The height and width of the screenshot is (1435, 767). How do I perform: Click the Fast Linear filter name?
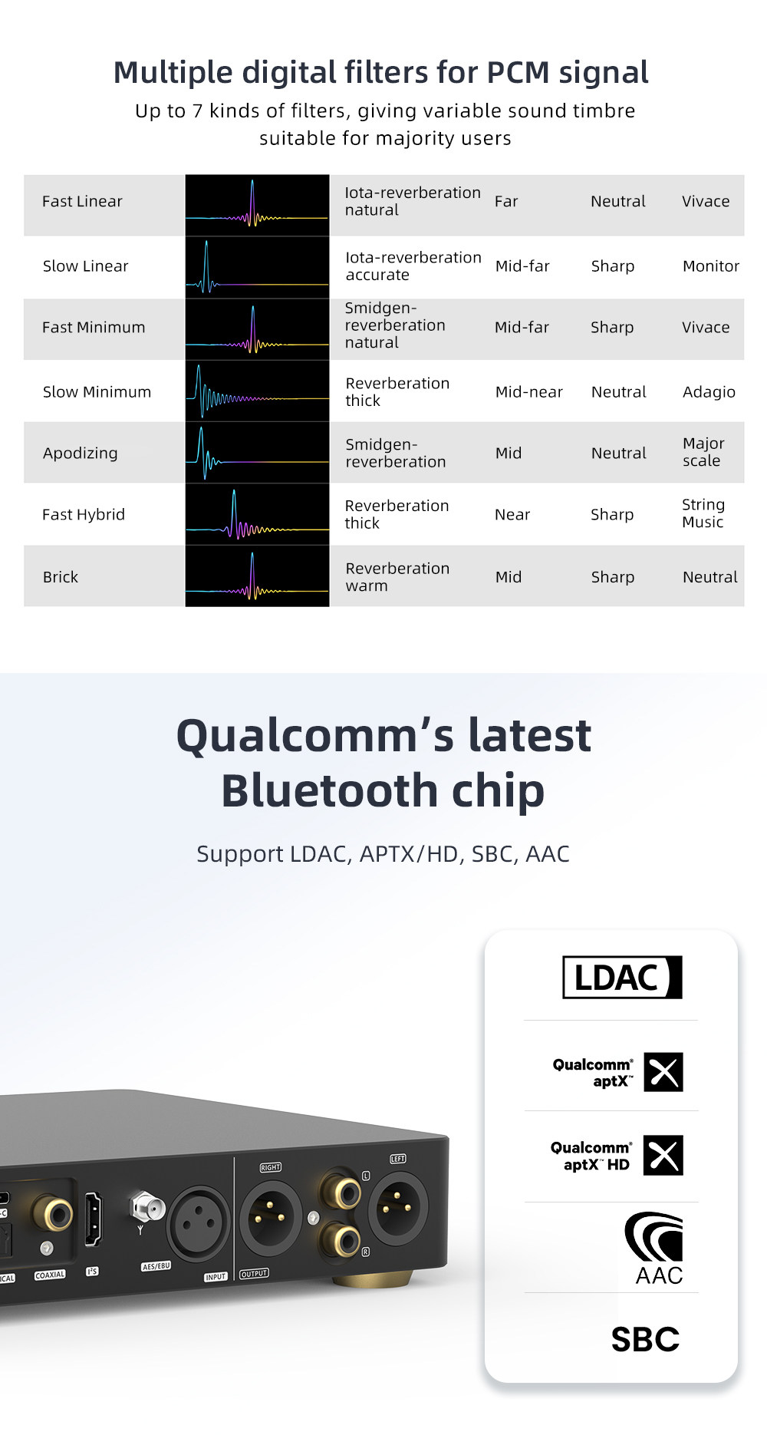point(82,201)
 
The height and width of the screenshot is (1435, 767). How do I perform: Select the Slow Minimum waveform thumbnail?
point(257,391)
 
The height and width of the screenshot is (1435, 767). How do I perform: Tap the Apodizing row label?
point(81,453)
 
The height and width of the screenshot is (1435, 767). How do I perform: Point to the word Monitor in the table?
point(711,266)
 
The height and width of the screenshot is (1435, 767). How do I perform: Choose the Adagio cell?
point(709,392)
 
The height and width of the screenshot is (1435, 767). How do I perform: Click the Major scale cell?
point(703,452)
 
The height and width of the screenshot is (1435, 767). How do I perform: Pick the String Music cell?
point(703,513)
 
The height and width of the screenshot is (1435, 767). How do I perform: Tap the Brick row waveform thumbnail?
point(257,576)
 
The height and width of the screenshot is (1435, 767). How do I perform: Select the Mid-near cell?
point(529,391)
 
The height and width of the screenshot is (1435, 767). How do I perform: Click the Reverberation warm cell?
point(397,576)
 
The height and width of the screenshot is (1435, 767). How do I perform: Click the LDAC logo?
point(622,977)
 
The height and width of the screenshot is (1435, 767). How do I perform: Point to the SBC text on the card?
point(645,1339)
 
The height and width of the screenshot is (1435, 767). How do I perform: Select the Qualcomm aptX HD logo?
point(617,1156)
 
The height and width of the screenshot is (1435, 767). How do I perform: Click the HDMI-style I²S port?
point(93,1219)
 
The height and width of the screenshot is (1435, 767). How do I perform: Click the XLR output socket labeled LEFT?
point(397,1206)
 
